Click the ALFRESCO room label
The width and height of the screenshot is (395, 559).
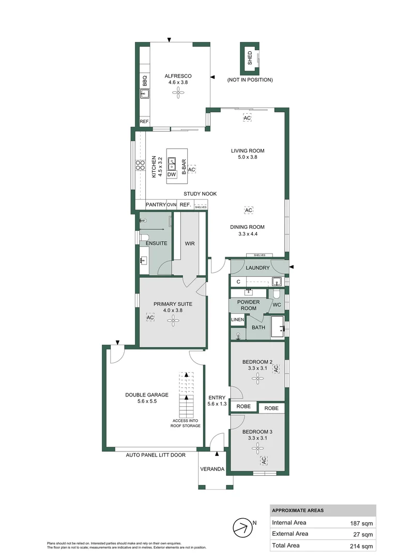(x=178, y=76)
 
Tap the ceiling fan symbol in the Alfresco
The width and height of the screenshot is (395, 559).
(x=178, y=93)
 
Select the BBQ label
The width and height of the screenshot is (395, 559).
(x=145, y=81)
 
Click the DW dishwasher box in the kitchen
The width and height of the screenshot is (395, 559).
(x=172, y=174)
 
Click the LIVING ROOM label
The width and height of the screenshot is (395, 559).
(x=247, y=151)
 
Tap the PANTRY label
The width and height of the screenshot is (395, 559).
(x=156, y=204)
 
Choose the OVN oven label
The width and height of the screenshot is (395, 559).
(x=172, y=204)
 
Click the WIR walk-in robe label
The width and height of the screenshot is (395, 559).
(x=190, y=243)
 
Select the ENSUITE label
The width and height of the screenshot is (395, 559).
(x=156, y=243)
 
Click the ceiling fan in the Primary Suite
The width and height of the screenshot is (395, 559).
(x=172, y=320)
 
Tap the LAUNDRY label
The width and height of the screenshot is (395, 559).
(x=257, y=268)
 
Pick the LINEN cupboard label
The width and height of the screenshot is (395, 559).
(x=237, y=320)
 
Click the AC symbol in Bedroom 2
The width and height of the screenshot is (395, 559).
(x=276, y=369)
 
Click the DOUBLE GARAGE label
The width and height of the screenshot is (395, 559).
(x=147, y=394)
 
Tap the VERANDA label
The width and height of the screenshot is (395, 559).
(x=214, y=469)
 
